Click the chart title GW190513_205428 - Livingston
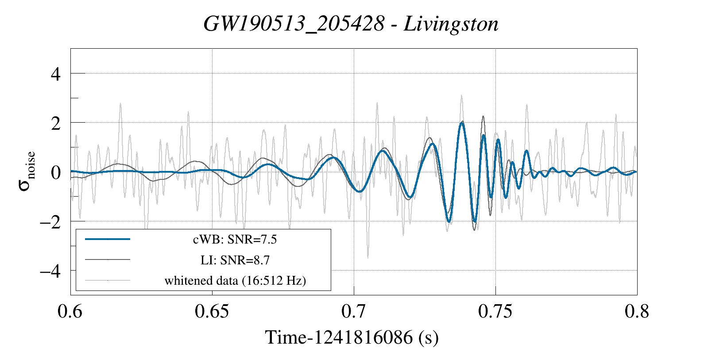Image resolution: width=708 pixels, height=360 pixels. pyautogui.click(x=351, y=24)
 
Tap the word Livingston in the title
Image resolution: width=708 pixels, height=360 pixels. pyautogui.click(x=451, y=24)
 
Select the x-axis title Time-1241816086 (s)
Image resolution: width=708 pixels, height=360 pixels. pyautogui.click(x=352, y=337)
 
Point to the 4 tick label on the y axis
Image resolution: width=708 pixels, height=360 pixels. pyautogui.click(x=55, y=74)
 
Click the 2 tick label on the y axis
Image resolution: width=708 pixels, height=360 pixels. pyautogui.click(x=55, y=123)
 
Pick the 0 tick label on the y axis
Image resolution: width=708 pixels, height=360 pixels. pyautogui.click(x=55, y=172)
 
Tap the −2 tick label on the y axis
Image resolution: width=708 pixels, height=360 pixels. pyautogui.click(x=50, y=221)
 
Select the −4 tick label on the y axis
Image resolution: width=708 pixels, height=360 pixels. pyautogui.click(x=50, y=271)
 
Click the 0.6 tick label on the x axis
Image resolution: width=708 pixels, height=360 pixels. pyautogui.click(x=70, y=312)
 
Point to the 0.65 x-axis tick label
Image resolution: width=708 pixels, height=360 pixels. pyautogui.click(x=212, y=312)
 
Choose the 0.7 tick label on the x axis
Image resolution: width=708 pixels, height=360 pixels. pyautogui.click(x=353, y=312)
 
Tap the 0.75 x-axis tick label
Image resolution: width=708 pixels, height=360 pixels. pyautogui.click(x=495, y=312)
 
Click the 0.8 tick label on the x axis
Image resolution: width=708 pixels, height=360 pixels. pyautogui.click(x=637, y=312)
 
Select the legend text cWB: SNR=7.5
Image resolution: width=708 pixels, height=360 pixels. pyautogui.click(x=235, y=240)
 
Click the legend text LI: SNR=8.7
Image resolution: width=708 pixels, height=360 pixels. pyautogui.click(x=235, y=260)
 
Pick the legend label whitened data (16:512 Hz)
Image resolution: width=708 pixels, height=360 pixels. pyautogui.click(x=235, y=281)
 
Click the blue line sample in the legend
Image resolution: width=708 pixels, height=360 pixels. pyautogui.click(x=108, y=239)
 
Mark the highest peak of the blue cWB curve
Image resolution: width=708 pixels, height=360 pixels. pyautogui.click(x=462, y=124)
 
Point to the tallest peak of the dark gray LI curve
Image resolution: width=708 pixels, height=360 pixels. pyautogui.click(x=483, y=116)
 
